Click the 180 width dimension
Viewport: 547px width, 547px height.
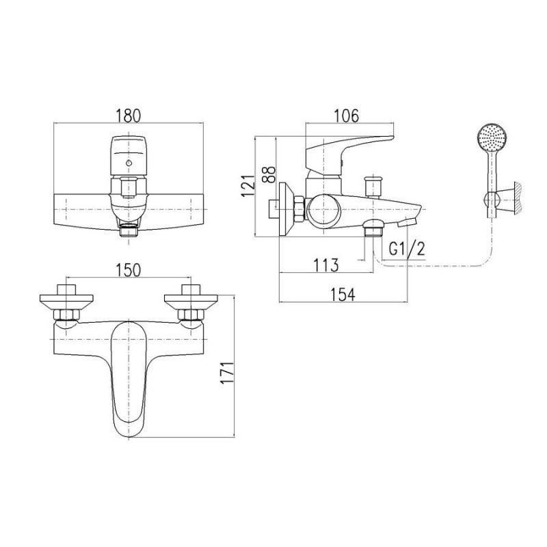129,116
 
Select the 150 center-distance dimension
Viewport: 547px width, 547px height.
129,270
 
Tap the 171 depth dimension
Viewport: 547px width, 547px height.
228,373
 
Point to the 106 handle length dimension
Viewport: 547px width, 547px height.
346,116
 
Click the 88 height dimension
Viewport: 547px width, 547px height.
269,175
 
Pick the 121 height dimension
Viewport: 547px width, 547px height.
248,186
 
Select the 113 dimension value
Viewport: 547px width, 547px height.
325,265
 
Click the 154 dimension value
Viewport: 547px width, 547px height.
343,295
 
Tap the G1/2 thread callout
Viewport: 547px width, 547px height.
407,249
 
